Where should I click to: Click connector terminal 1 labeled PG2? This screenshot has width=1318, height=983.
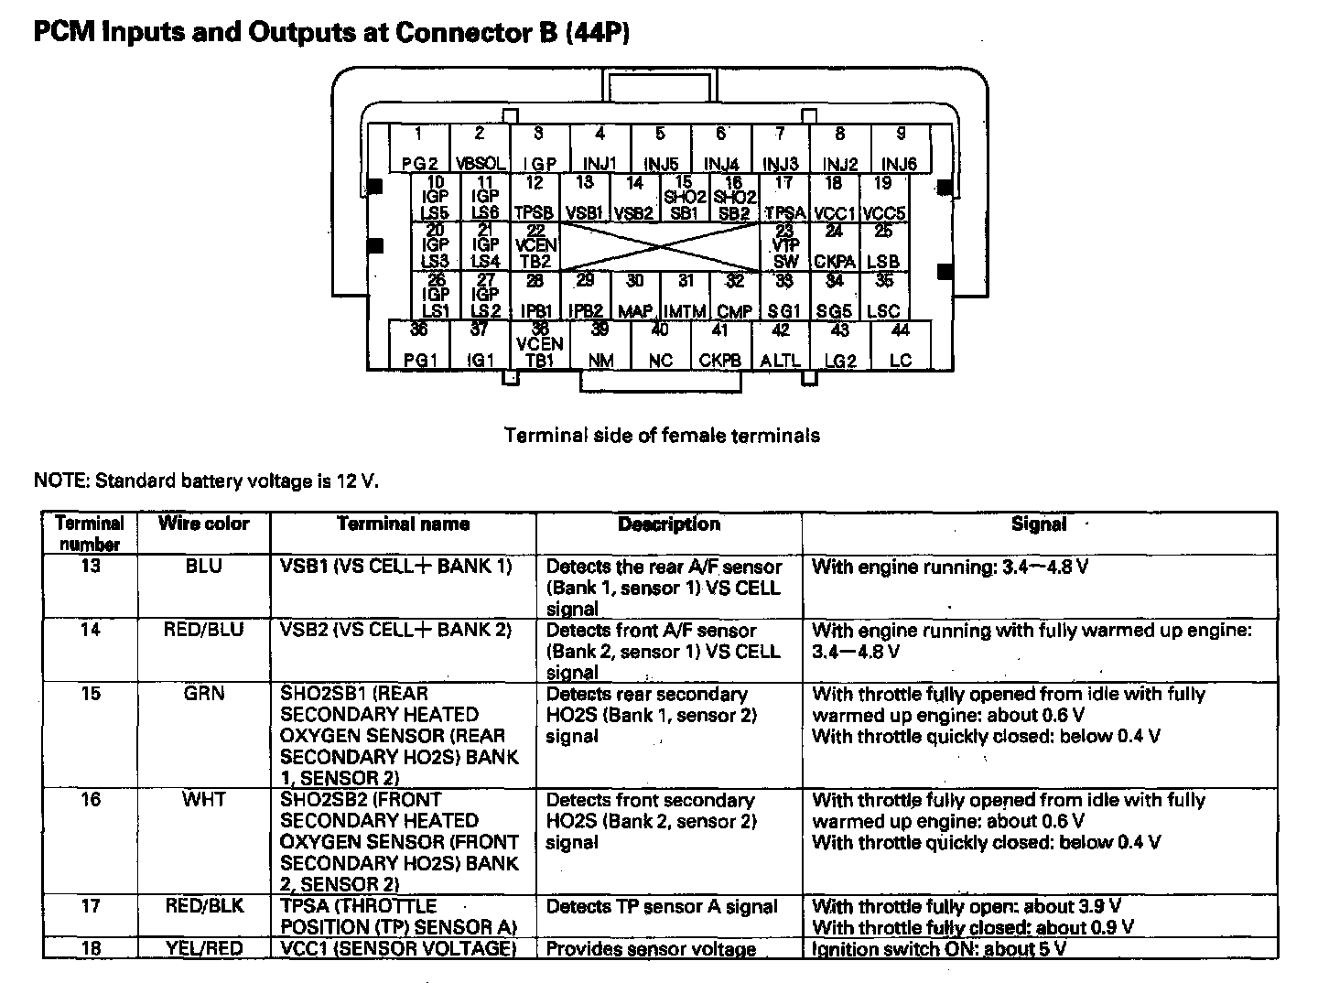(x=419, y=149)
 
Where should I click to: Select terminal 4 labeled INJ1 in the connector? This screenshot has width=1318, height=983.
(x=600, y=149)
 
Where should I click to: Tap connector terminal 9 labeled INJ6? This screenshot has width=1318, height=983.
(x=900, y=149)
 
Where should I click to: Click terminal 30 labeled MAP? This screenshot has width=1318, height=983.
(x=635, y=296)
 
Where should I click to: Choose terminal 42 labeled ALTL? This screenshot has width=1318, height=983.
(x=780, y=345)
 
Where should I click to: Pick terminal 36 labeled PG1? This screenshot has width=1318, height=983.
(x=419, y=345)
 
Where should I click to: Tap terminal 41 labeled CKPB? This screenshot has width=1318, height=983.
(x=719, y=345)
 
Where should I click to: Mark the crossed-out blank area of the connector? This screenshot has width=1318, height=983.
(x=660, y=247)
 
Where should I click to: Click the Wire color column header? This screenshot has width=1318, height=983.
(x=203, y=524)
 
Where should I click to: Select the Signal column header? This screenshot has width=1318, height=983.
(x=1038, y=524)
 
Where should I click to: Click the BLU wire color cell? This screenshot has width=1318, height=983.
(x=203, y=567)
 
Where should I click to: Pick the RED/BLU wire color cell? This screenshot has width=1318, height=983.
(x=203, y=630)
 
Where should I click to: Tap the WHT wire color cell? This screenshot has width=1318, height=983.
(x=203, y=800)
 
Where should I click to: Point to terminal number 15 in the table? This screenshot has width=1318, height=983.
(x=91, y=694)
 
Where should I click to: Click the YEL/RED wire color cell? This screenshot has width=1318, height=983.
(x=203, y=948)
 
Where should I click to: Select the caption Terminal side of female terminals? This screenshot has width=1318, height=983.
(x=662, y=436)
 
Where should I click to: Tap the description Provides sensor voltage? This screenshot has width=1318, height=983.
(x=651, y=949)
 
